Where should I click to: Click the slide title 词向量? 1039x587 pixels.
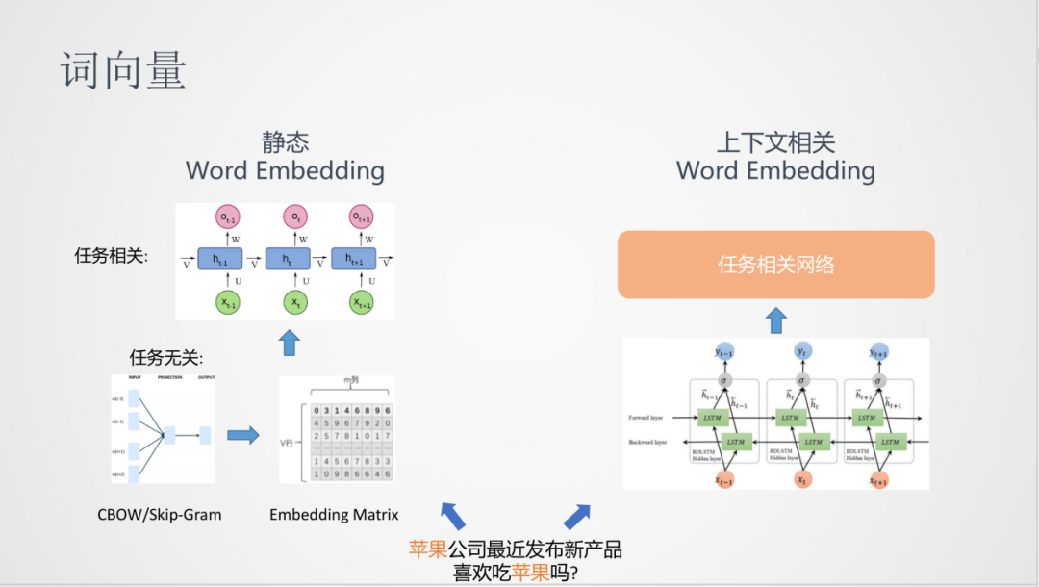coord(124,71)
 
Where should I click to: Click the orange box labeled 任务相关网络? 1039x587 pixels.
coord(775,265)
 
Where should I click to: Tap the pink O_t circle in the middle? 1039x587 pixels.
coord(295,217)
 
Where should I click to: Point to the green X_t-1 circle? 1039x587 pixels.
coord(228,302)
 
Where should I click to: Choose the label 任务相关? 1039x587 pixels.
coord(112,256)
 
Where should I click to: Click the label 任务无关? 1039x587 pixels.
coord(166,357)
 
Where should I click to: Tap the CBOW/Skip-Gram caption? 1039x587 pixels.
coord(160,514)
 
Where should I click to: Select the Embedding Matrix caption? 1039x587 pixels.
coord(334,514)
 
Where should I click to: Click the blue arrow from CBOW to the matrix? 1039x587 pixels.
coord(243,435)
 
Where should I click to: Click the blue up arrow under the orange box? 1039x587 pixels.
coord(775,319)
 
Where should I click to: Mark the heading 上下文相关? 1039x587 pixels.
coord(775,143)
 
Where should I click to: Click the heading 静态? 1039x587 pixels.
coord(286,142)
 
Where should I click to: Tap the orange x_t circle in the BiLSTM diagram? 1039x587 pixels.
coord(800,478)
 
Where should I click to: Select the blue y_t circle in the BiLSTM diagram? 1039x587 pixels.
coord(801,352)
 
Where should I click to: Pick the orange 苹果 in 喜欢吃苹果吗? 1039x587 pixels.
coord(530,572)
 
